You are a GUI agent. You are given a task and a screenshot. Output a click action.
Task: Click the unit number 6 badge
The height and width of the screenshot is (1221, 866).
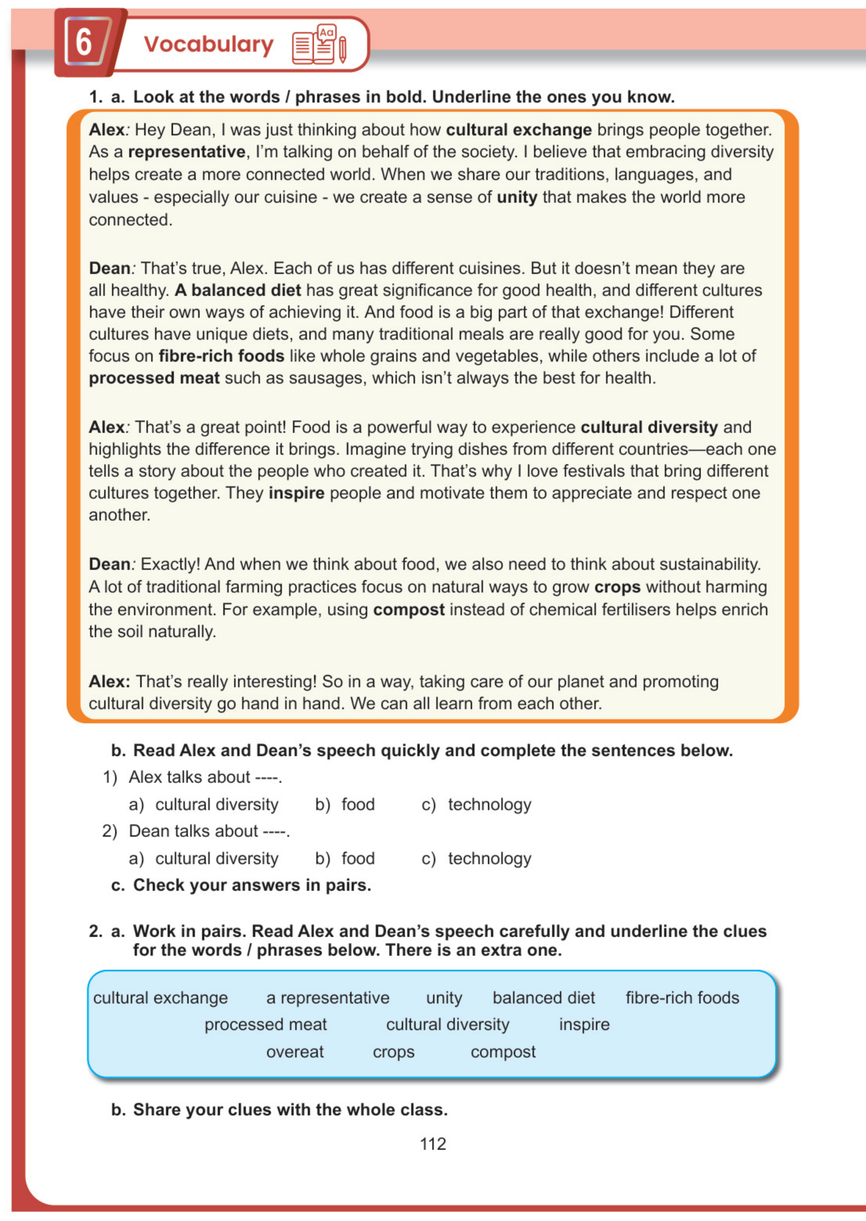coord(84,42)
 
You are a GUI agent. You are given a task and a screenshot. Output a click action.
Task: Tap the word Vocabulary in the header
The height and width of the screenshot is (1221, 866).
coord(208,44)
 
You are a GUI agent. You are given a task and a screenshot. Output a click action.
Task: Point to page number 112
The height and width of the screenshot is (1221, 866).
coord(432,1143)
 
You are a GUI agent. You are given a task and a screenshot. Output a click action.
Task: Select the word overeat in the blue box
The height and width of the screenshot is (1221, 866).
coord(295,1051)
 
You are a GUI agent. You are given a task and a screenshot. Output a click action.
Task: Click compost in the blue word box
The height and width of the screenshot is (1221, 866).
coord(503,1051)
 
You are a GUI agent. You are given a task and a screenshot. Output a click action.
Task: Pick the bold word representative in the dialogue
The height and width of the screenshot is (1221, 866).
coord(187,152)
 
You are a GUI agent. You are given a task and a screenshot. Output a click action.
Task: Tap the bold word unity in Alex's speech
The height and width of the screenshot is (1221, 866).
coord(517,197)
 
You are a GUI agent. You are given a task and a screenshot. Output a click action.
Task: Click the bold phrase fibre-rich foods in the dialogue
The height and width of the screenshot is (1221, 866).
coord(221,356)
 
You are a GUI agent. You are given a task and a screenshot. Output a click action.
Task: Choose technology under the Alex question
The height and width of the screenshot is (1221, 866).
coord(490,804)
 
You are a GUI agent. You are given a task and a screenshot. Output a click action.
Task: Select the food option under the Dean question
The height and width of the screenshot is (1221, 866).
coord(358,858)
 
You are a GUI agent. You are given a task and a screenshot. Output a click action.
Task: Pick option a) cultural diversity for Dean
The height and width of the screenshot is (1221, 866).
coord(217,858)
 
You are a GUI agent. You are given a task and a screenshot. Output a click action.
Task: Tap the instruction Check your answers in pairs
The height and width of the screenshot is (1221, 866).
coord(252,885)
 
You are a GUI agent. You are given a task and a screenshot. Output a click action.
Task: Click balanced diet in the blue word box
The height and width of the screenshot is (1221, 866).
coord(543,997)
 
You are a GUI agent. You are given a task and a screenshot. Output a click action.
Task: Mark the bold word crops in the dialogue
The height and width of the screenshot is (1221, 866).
coord(617,587)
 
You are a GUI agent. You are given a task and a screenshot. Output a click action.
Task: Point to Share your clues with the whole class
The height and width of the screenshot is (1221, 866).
coord(290,1109)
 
